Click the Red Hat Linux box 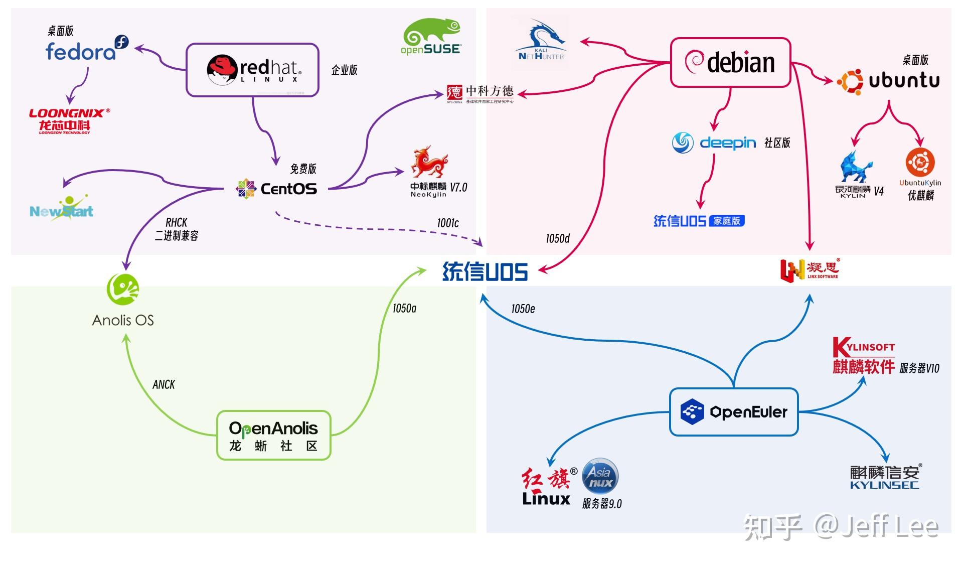click(252, 70)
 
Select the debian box click(730, 62)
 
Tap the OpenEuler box click(733, 412)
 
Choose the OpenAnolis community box click(273, 435)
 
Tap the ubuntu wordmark click(904, 80)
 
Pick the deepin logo click(714, 143)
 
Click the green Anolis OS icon click(123, 289)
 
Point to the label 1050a click(404, 308)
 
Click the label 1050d click(558, 238)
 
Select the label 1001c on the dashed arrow click(447, 223)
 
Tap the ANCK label click(164, 384)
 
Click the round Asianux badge click(600, 476)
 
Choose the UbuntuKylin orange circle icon click(920, 163)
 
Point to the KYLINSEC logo click(885, 477)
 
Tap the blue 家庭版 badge click(727, 221)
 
